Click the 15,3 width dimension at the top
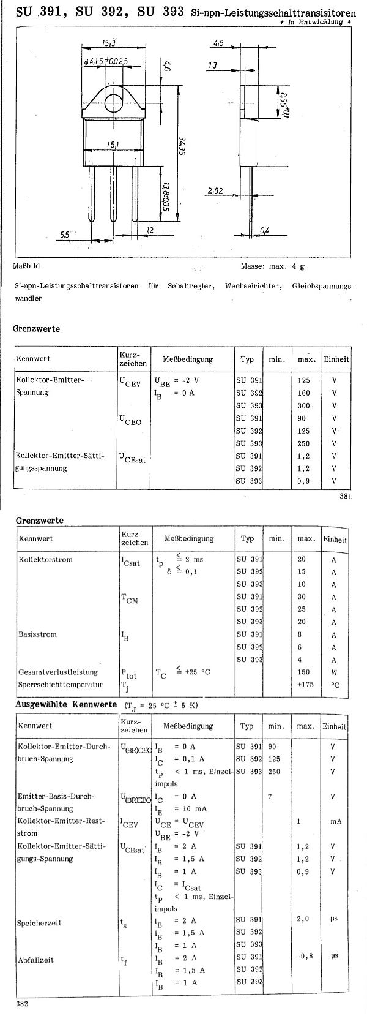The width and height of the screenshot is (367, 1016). (109, 42)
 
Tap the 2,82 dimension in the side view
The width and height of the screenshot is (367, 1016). (215, 191)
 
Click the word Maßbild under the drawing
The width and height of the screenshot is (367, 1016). (26, 266)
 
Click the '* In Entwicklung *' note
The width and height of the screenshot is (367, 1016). (320, 22)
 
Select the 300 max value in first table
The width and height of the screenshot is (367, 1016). (304, 405)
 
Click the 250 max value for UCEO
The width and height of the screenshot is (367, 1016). (304, 443)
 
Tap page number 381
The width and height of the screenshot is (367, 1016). (346, 496)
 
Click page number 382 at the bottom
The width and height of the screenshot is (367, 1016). (23, 1003)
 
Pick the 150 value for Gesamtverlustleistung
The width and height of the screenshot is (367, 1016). (303, 672)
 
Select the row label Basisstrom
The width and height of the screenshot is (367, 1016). (37, 634)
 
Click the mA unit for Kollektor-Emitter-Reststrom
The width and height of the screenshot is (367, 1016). (336, 821)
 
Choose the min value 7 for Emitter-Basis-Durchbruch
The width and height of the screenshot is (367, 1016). (270, 796)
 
